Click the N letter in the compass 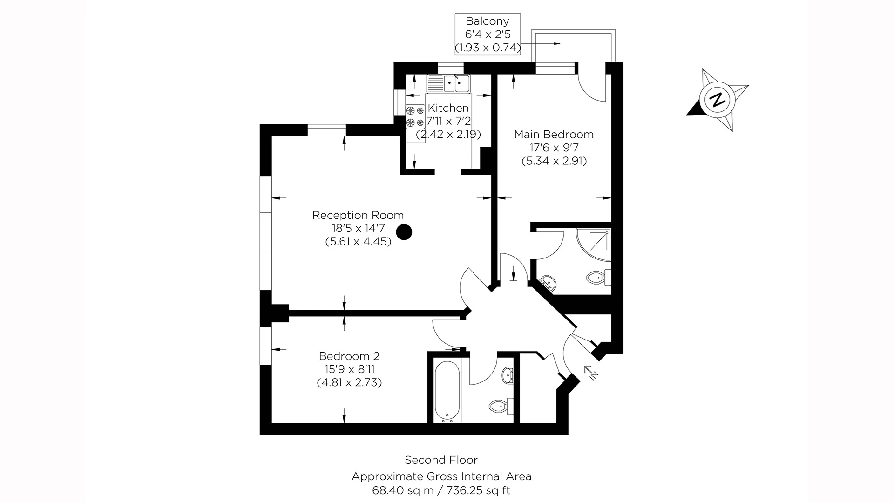point(718,100)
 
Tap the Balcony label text point(488,21)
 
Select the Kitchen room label point(448,108)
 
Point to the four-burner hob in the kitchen point(415,116)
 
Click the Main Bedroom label point(554,135)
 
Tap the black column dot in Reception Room point(404,231)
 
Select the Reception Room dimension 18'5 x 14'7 point(358,229)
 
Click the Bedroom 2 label point(349,356)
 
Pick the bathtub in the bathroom point(447,391)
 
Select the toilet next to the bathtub point(500,407)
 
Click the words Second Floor point(441,460)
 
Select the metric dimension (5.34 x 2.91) point(554,161)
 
